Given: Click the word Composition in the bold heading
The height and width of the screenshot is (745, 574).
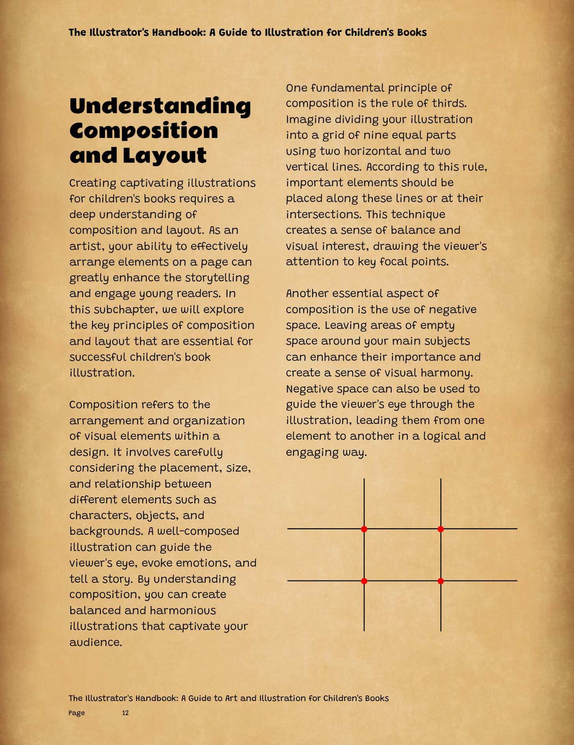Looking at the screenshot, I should (x=143, y=131).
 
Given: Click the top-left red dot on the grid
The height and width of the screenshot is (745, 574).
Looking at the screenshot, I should (x=364, y=529).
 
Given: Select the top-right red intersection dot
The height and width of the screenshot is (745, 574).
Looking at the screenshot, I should (x=441, y=529).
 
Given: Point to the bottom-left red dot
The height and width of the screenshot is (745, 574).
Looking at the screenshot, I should (x=364, y=581).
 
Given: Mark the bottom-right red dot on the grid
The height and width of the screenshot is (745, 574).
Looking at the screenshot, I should (x=441, y=581).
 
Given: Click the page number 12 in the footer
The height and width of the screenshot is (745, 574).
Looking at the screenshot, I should (x=125, y=713).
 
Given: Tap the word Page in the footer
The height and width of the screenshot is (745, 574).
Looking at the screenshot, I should (x=77, y=713).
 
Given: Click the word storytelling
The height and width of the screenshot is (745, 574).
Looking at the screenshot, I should (x=217, y=278).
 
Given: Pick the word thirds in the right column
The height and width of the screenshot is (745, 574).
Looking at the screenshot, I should (x=449, y=103).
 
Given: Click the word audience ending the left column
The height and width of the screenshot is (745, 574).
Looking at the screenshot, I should (x=95, y=642).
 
